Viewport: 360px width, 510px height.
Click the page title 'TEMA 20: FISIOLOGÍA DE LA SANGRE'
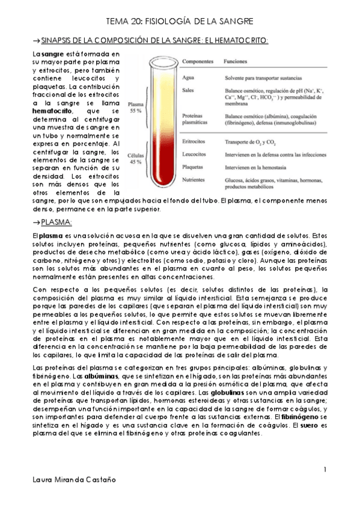[180, 21]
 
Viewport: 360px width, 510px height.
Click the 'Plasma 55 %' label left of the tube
[136, 106]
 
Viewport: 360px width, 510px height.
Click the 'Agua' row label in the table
[188, 78]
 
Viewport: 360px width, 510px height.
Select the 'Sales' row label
[188, 90]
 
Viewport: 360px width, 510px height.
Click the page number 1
[325, 469]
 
